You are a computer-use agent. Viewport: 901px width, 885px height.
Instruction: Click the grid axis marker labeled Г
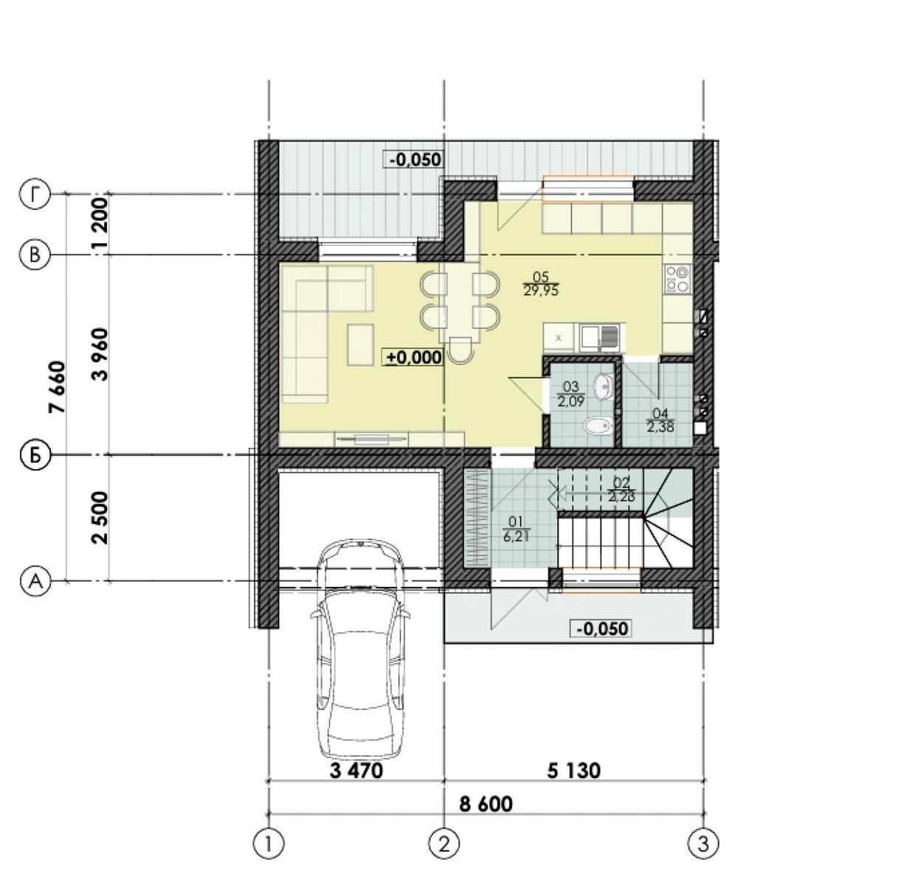[x=34, y=195]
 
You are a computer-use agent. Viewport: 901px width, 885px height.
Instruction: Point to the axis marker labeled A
[x=34, y=581]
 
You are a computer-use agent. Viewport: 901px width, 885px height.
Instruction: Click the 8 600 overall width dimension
[x=486, y=804]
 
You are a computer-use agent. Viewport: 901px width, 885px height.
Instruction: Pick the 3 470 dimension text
[x=356, y=771]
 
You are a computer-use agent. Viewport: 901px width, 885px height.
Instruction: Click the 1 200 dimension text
[x=100, y=223]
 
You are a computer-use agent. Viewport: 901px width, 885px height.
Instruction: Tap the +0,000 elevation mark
[x=413, y=358]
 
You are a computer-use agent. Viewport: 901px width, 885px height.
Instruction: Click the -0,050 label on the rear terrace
[x=413, y=159]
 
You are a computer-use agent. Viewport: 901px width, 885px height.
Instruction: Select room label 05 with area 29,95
[x=541, y=284]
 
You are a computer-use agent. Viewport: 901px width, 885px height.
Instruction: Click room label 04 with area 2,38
[x=660, y=420]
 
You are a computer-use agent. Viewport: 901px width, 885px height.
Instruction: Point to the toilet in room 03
[x=594, y=426]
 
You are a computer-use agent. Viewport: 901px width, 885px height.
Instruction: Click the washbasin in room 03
[x=604, y=385]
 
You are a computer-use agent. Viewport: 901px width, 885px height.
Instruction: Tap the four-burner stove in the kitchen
[x=677, y=279]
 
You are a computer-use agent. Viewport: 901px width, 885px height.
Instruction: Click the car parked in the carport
[x=361, y=649]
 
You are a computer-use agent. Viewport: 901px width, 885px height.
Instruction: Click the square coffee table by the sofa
[x=361, y=344]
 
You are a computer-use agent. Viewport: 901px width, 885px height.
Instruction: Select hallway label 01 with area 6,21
[x=512, y=530]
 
